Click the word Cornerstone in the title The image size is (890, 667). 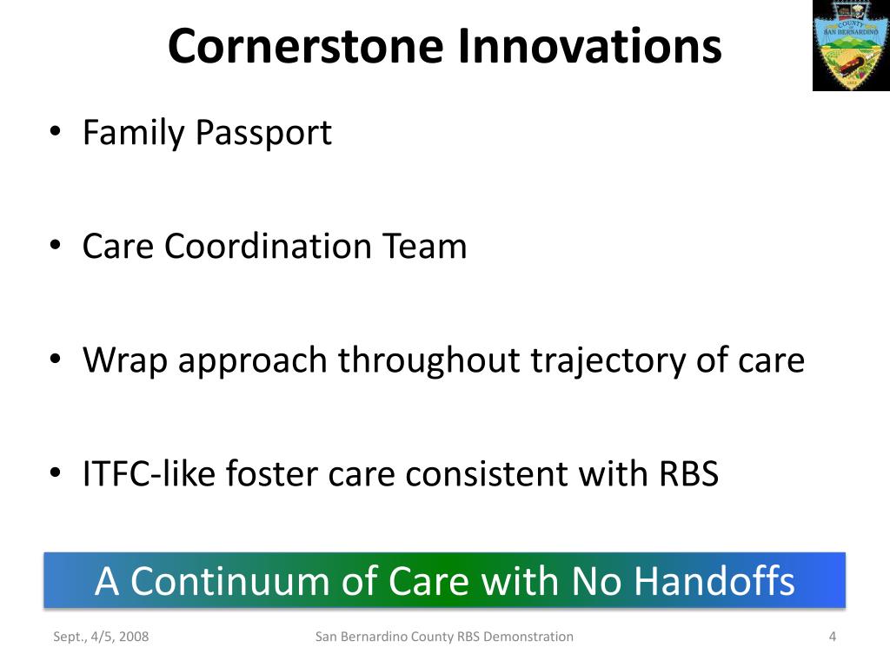pos(305,47)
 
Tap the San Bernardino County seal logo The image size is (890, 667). pos(851,45)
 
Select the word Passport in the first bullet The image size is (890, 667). pos(263,134)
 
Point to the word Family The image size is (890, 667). pos(133,134)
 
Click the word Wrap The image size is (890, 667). pos(125,361)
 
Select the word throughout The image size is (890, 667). pos(428,361)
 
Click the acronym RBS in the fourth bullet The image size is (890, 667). pos(688,473)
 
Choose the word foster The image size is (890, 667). pos(271,473)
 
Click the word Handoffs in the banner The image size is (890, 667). pos(714,581)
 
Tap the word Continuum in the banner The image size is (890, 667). pos(229,582)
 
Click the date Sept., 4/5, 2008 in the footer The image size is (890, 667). pos(101,637)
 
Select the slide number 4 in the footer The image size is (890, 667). pos(833,637)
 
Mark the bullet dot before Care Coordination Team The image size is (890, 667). pos(55,246)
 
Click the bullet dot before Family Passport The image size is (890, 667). pos(55,132)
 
